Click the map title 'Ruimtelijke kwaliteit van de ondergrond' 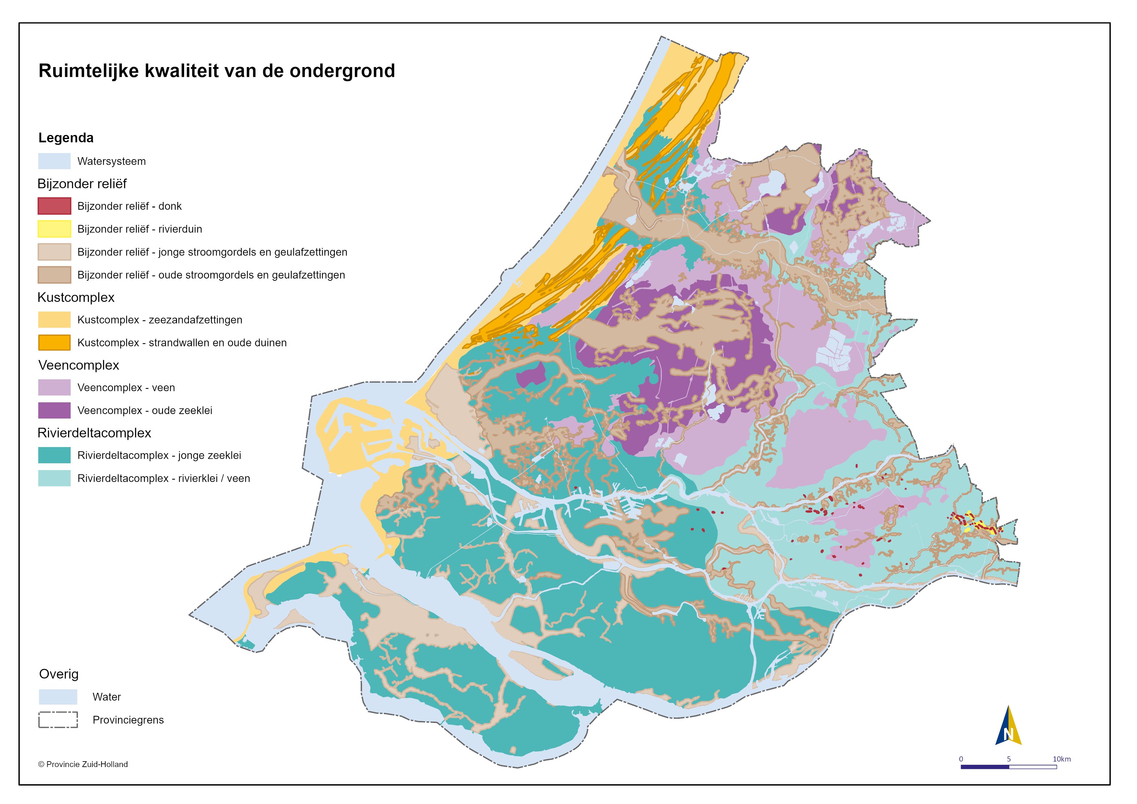[217, 71]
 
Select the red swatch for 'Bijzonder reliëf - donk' [54, 206]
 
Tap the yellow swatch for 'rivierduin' [54, 229]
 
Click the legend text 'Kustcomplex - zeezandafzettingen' [159, 320]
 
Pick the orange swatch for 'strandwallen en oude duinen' [54, 343]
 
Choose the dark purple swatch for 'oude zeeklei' [54, 411]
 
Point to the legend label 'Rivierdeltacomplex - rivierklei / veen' [163, 479]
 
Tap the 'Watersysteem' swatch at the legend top [54, 161]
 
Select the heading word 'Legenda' [66, 138]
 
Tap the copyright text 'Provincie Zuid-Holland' [87, 764]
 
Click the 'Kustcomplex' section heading [76, 298]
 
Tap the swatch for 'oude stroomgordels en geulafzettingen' [54, 275]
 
